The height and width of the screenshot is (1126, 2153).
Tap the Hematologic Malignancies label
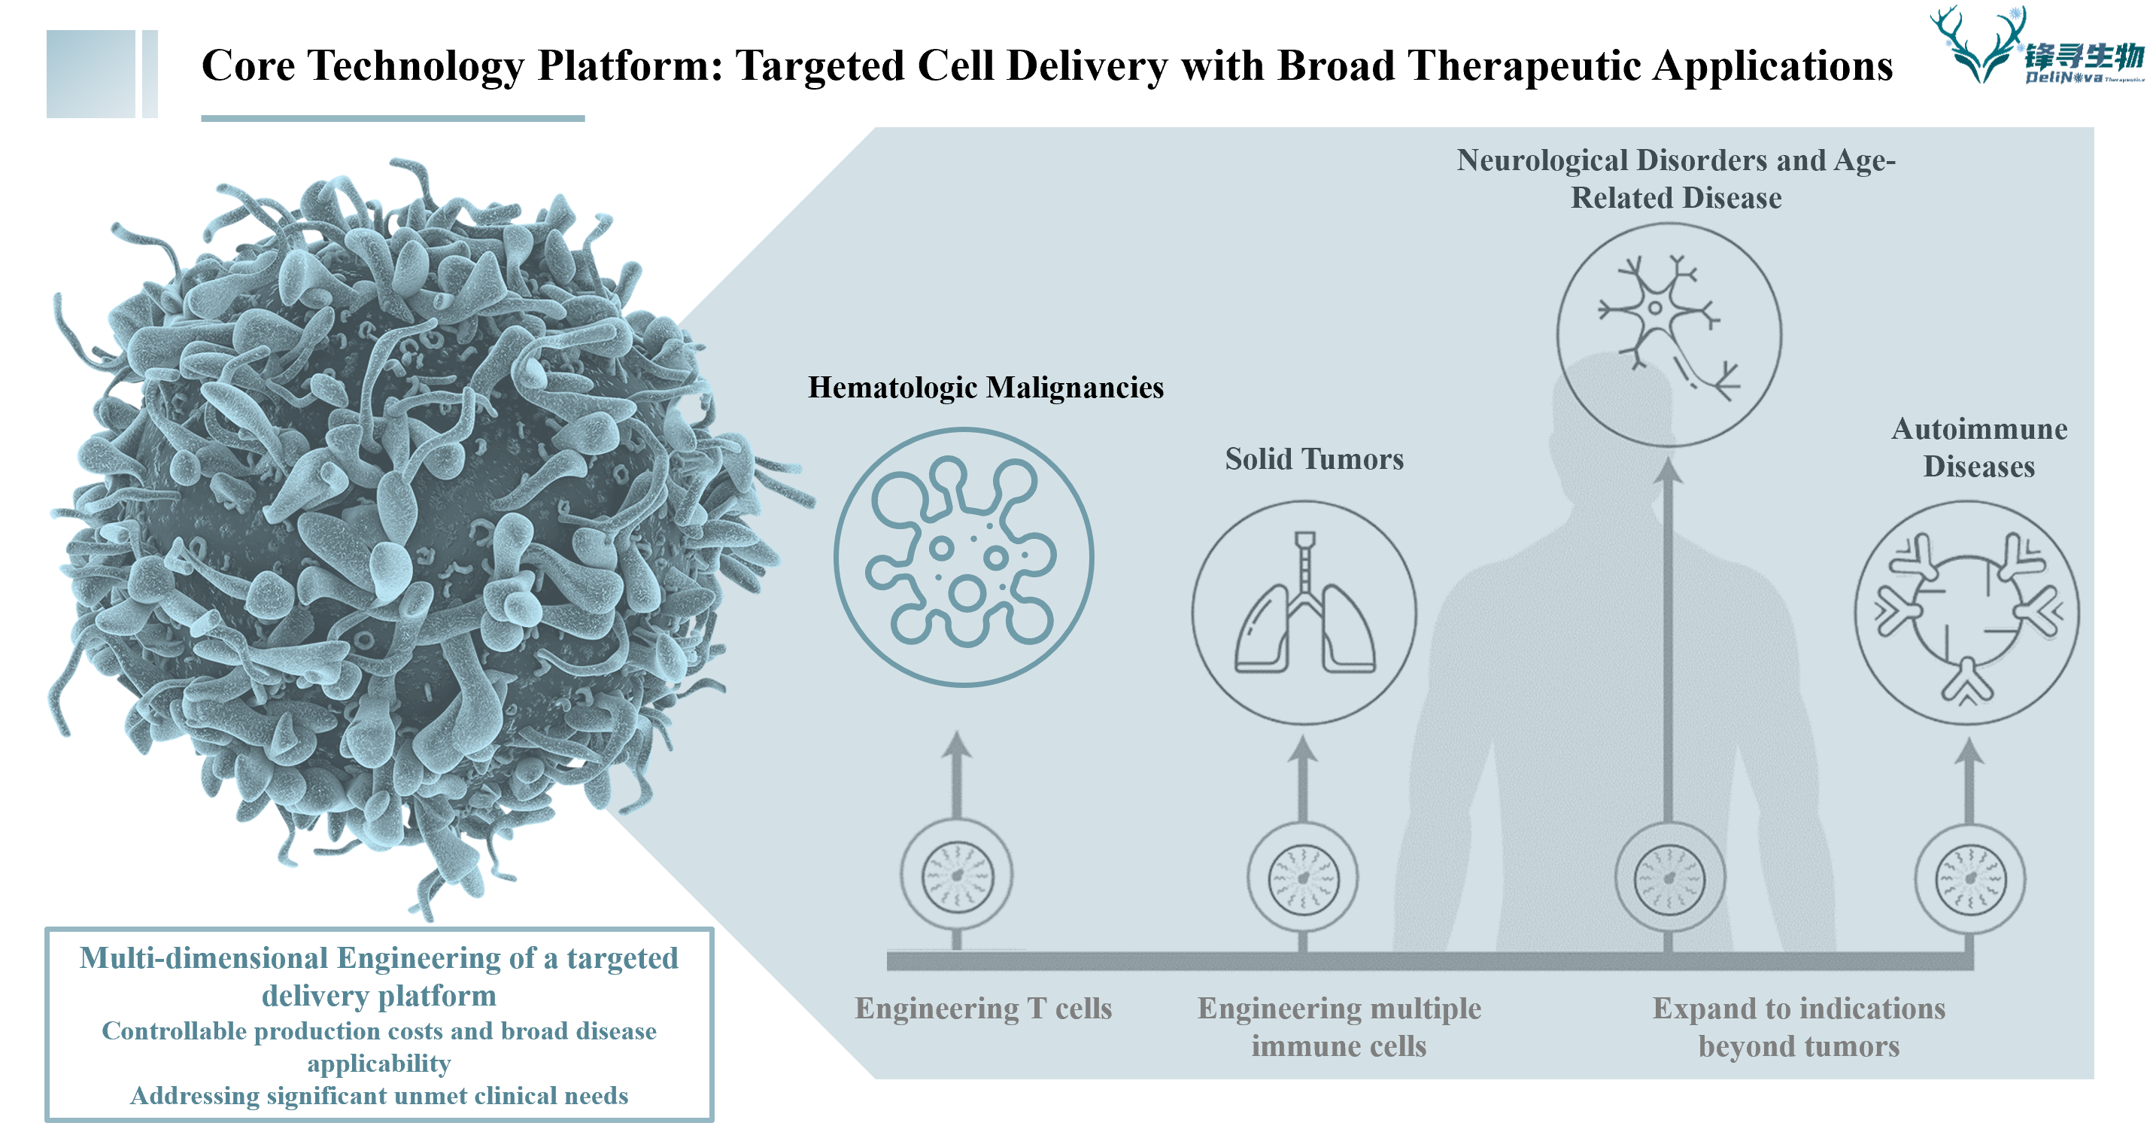985,388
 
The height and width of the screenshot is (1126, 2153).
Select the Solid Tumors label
1314,459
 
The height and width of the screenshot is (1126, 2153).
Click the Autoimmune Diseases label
1979,447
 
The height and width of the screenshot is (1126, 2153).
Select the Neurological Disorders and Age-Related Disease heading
1676,179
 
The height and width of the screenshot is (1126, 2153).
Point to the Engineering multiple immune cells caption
1339,1027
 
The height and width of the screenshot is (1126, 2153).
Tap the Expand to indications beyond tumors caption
1799,1027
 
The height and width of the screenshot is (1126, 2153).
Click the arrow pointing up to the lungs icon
1302,778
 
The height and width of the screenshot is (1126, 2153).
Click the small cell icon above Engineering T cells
957,876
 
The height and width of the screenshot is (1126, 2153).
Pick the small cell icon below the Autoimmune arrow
1970,879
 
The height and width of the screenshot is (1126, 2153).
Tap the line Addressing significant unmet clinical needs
378,1096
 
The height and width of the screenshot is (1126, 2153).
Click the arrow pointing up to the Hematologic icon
957,774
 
